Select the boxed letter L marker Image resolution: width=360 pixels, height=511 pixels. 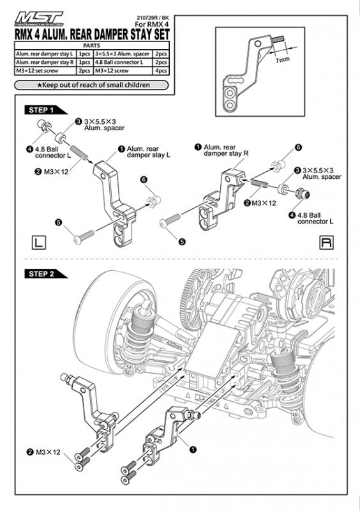(38, 242)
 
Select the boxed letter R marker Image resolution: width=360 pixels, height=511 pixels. (326, 242)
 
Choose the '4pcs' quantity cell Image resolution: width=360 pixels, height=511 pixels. (162, 71)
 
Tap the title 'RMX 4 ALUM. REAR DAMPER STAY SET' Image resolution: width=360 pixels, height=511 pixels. (89, 33)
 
